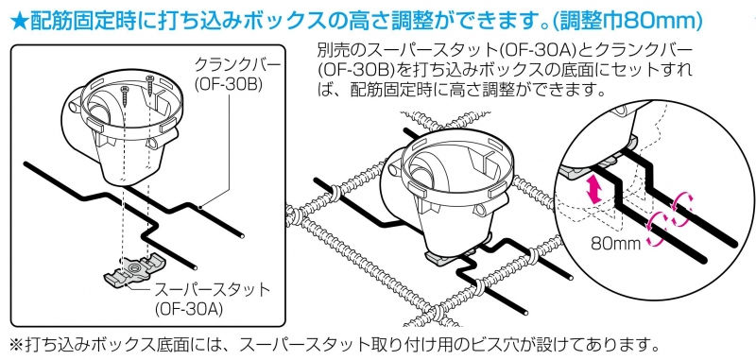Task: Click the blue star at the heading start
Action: click(x=18, y=22)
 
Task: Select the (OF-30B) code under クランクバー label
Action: click(x=228, y=84)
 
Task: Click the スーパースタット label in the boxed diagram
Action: click(x=211, y=290)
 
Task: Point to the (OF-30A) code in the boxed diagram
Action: click(x=188, y=309)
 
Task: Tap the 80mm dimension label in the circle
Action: click(x=616, y=243)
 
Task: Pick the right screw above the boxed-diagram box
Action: click(x=151, y=85)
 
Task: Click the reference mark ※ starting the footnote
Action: click(x=17, y=345)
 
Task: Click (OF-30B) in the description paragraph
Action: click(x=356, y=70)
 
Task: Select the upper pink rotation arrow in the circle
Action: click(x=682, y=204)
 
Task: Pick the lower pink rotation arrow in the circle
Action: click(x=657, y=227)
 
